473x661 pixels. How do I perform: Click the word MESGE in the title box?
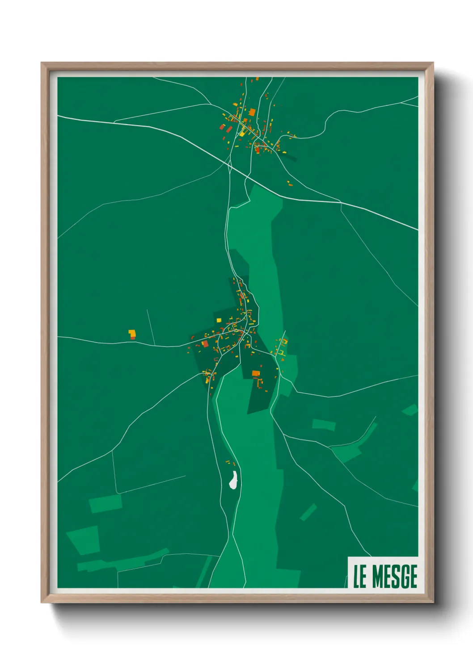[x=395, y=577]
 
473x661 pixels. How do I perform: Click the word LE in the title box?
[x=360, y=577]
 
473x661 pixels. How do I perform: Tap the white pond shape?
[x=233, y=480]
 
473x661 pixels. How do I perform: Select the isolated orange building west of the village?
[x=132, y=334]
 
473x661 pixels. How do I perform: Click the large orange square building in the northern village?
[x=252, y=112]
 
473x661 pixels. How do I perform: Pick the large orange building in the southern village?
[x=256, y=373]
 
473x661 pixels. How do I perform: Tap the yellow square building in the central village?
[x=219, y=320]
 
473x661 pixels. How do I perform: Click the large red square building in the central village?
[x=205, y=343]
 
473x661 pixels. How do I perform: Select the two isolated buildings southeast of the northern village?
[x=290, y=183]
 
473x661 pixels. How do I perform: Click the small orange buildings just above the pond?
[x=230, y=463]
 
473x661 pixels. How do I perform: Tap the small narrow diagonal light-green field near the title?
[x=308, y=512]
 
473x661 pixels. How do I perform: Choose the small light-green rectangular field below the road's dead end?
[x=106, y=503]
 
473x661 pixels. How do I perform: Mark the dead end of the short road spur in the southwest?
[x=186, y=476]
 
